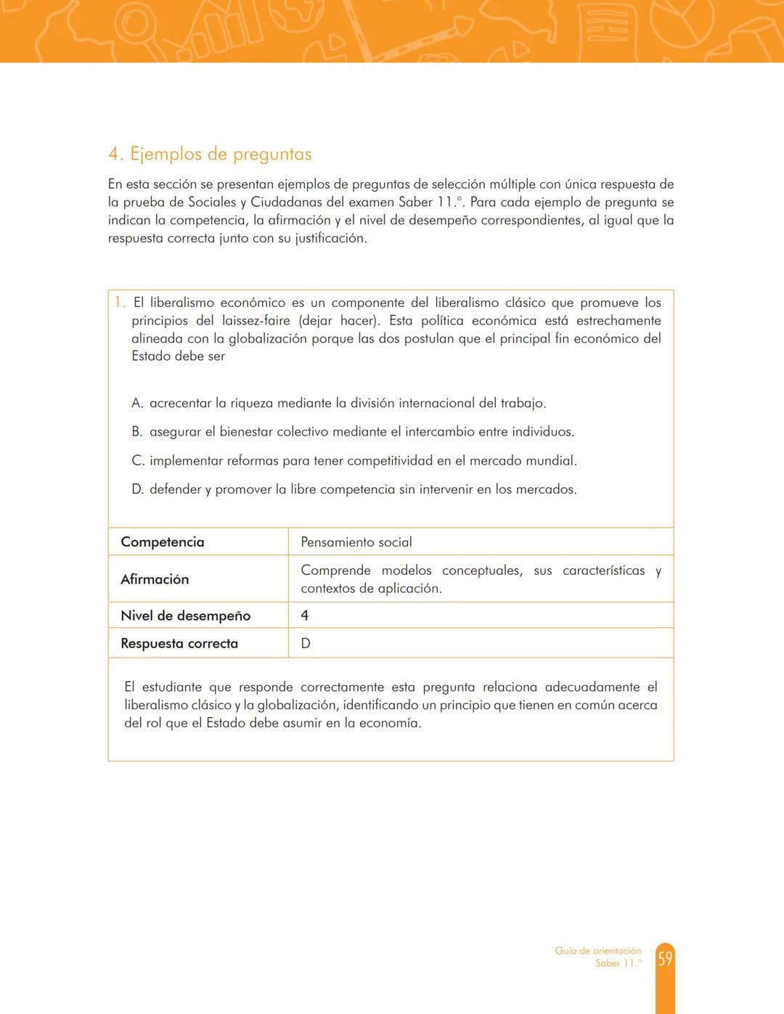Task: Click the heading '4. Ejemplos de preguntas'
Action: click(210, 154)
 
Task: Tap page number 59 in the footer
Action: click(665, 959)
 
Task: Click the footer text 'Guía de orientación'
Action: click(597, 950)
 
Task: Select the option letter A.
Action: click(136, 403)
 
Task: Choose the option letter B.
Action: click(136, 432)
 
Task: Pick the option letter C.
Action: click(137, 461)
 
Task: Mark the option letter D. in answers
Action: click(137, 489)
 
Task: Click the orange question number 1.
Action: click(119, 303)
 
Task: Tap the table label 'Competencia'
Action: click(163, 542)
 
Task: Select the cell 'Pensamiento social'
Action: click(356, 542)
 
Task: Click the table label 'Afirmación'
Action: click(155, 579)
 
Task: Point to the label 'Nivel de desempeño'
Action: click(186, 616)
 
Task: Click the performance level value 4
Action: click(305, 616)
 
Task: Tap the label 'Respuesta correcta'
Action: click(179, 643)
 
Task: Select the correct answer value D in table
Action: click(306, 643)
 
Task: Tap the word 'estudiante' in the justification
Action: click(171, 687)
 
